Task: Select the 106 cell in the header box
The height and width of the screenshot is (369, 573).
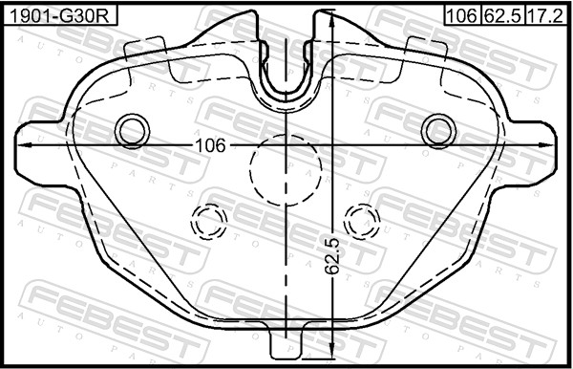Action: [461, 15]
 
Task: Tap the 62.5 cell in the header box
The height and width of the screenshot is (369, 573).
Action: [501, 15]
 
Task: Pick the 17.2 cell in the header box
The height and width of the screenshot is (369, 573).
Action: [543, 15]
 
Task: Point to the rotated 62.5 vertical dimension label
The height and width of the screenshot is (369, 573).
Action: [331, 257]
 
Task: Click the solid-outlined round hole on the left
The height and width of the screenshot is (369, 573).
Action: [131, 129]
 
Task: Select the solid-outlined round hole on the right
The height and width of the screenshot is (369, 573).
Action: [439, 129]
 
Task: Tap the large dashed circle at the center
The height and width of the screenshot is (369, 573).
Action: [286, 168]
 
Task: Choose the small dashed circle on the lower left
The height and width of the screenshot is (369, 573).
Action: [209, 222]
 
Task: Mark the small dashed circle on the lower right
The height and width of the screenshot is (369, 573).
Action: [362, 222]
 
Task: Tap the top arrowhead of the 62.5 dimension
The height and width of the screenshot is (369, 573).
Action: [330, 21]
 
